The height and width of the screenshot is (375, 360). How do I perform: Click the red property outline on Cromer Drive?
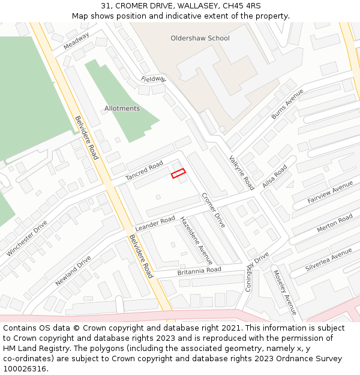tap(178, 173)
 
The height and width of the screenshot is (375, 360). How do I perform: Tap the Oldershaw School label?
tap(200, 38)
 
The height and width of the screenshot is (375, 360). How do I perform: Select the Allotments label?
tap(122, 109)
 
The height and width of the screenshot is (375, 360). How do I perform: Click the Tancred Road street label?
tap(144, 171)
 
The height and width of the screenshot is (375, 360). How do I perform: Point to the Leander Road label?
tap(155, 224)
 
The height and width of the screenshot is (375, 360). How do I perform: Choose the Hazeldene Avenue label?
tap(196, 241)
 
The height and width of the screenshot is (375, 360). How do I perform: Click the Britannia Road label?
tap(199, 271)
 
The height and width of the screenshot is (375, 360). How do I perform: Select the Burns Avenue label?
tap(287, 104)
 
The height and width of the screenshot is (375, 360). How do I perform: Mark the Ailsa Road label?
tap(275, 176)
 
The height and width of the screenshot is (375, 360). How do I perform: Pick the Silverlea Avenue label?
tap(328, 260)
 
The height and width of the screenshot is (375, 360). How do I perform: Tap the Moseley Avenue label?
tap(285, 292)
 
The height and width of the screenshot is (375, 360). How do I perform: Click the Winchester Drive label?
tap(27, 238)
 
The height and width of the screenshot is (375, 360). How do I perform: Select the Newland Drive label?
tap(73, 271)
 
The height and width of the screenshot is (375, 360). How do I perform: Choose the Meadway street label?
tap(76, 41)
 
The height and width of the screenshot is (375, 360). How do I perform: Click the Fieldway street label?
tap(153, 79)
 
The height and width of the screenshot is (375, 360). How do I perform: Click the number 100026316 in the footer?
tap(25, 368)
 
